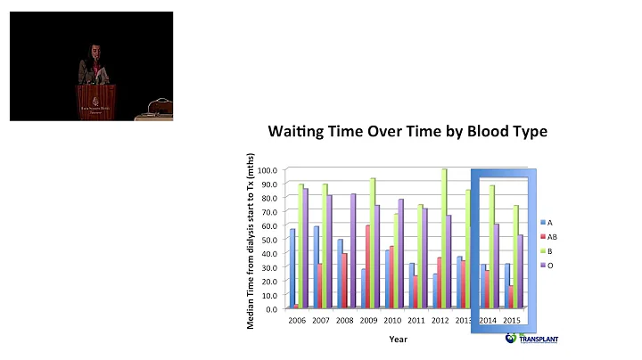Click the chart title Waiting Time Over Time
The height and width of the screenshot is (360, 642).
point(407,132)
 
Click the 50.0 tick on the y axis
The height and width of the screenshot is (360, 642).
point(267,239)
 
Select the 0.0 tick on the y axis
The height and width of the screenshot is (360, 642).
point(269,308)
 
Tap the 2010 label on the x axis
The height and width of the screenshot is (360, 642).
point(393,320)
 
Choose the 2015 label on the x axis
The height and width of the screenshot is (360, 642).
point(511,320)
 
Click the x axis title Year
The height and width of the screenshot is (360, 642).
point(399,339)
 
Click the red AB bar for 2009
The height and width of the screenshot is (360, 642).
point(367,266)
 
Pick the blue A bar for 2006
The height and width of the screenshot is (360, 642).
point(292,268)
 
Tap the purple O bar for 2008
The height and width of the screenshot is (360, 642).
point(351,250)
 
